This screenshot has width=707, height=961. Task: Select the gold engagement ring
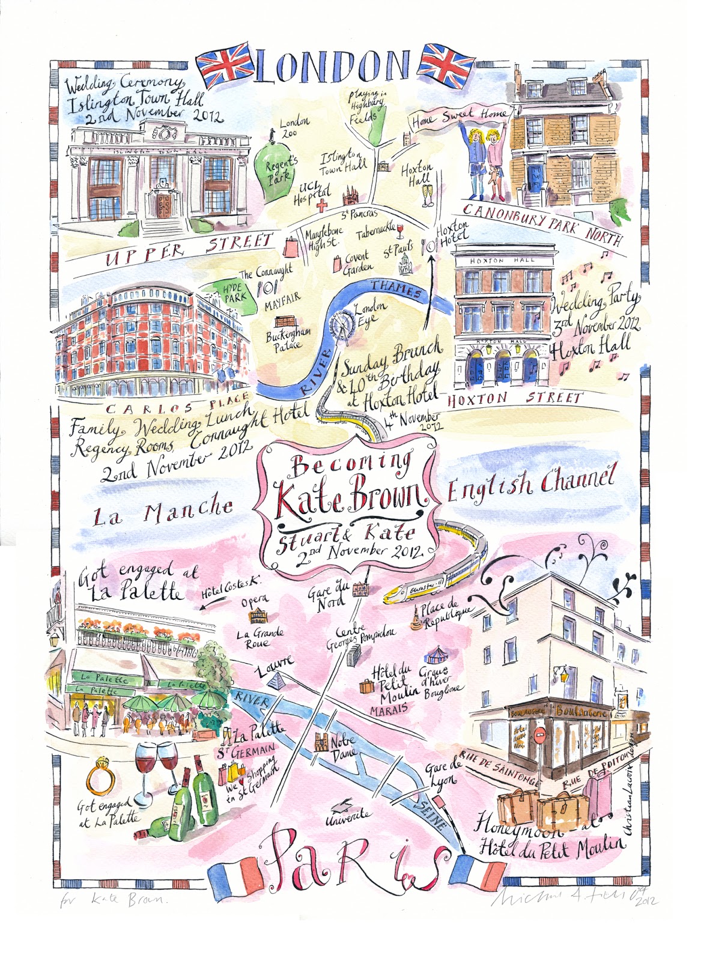tap(100, 779)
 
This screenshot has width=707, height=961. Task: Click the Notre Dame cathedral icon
tap(321, 743)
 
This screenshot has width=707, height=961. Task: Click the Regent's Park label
tap(282, 169)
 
